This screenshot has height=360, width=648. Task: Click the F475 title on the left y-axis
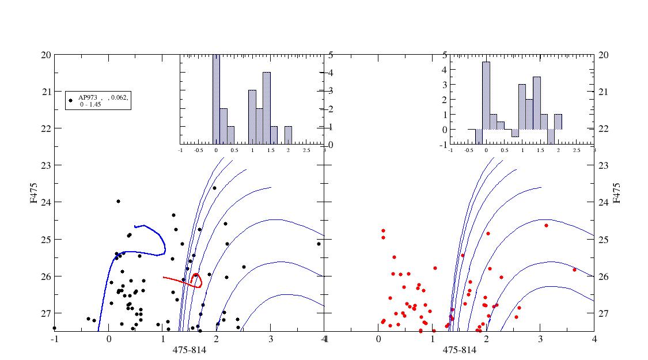[x=36, y=192]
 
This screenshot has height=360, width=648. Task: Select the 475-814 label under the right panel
[x=459, y=350]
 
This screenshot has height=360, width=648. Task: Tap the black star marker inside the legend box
[x=71, y=100]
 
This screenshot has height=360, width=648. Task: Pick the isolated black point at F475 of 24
[x=118, y=201]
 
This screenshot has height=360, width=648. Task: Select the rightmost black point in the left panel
[x=319, y=244]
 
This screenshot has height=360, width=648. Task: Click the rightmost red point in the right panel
[x=574, y=270]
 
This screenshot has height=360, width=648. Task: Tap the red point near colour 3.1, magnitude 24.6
[x=546, y=225]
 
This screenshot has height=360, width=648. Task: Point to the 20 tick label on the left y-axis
[x=44, y=55]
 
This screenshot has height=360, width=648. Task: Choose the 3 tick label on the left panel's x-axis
[x=271, y=339]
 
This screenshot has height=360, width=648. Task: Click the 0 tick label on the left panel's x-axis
[x=109, y=339]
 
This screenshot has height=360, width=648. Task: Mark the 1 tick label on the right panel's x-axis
[x=433, y=339]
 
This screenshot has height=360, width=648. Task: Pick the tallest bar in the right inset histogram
[x=486, y=96]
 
